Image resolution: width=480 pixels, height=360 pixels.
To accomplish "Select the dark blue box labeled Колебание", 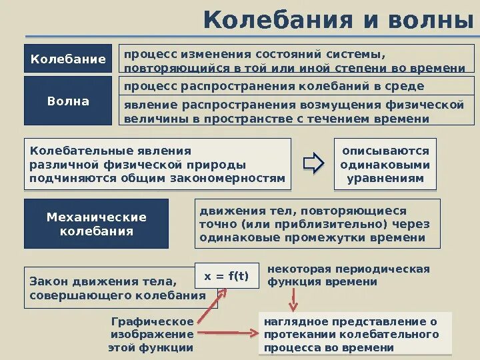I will (x=68, y=59).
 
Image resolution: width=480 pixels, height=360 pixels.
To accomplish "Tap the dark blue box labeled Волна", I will (x=68, y=101).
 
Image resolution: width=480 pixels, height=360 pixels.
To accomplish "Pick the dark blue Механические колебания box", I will (x=96, y=224).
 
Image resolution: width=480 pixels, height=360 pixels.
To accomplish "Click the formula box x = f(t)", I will (x=226, y=276).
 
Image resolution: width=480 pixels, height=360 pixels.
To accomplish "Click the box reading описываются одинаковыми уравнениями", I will (x=385, y=164).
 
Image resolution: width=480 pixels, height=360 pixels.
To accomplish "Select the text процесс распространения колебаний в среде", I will (x=273, y=87).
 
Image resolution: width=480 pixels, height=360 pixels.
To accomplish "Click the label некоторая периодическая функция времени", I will (x=348, y=275).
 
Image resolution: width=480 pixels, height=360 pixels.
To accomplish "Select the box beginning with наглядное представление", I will (x=355, y=334).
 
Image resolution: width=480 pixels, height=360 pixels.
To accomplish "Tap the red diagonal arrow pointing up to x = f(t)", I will (x=210, y=307).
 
